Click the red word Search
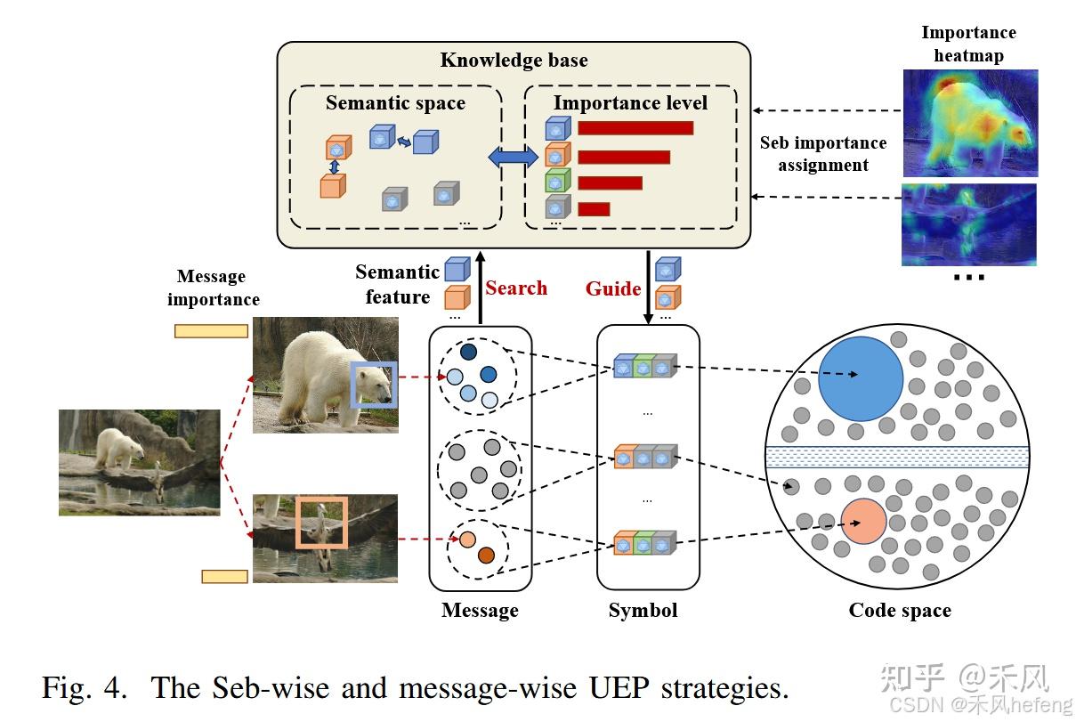pos(516,288)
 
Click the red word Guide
pos(612,288)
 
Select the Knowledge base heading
pos(514,61)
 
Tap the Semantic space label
pos(395,102)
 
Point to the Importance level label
pos(630,102)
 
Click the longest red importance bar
pos(635,127)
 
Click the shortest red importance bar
pos(594,209)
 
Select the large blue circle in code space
pos(858,377)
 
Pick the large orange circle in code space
pos(862,522)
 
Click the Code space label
pos(899,610)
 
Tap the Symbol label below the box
pos(643,610)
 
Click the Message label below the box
pos(480,610)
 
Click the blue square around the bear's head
pos(371,385)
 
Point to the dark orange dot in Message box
pos(485,556)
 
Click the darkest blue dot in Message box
pos(469,353)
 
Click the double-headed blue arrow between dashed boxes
pos(513,158)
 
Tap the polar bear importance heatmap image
pos(968,122)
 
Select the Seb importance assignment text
pos(822,153)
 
